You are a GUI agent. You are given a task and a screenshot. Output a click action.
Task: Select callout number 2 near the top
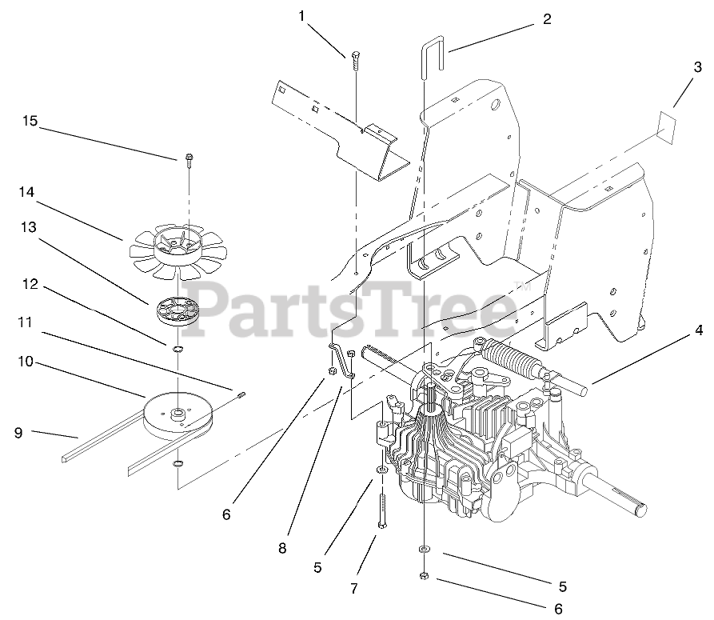click(x=546, y=19)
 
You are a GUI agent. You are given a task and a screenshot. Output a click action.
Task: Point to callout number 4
click(x=698, y=329)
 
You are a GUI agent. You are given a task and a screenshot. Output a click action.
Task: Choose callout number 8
click(x=281, y=548)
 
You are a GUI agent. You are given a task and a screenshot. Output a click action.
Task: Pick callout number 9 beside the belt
click(x=18, y=433)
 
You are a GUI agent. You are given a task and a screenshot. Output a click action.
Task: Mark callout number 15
click(x=30, y=122)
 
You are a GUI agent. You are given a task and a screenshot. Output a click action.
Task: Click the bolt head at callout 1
click(x=353, y=56)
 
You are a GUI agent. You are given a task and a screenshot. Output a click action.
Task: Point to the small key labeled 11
click(x=242, y=391)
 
